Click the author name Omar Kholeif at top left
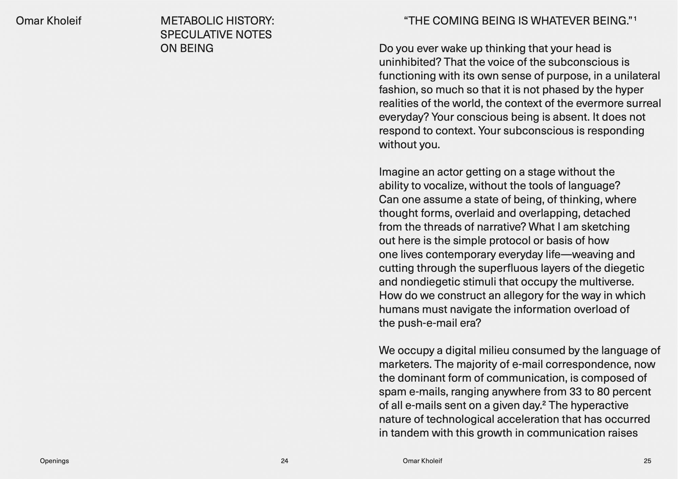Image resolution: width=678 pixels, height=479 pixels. pos(48,21)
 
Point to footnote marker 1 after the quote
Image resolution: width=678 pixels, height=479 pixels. pos(635,19)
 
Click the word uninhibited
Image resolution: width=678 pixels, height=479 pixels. pos(410,62)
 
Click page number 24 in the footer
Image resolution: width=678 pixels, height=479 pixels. pos(284,461)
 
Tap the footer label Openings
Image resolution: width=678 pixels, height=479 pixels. pos(54,461)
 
